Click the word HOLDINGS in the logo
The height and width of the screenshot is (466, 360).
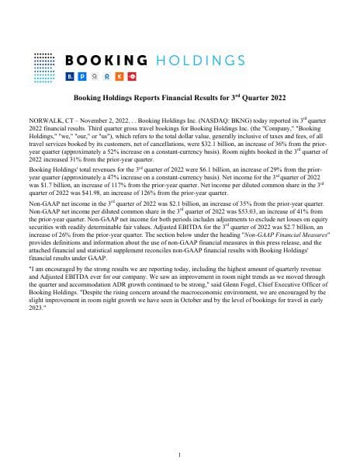point(196,61)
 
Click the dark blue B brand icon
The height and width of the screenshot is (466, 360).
point(71,78)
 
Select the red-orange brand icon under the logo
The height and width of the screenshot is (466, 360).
point(132,78)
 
